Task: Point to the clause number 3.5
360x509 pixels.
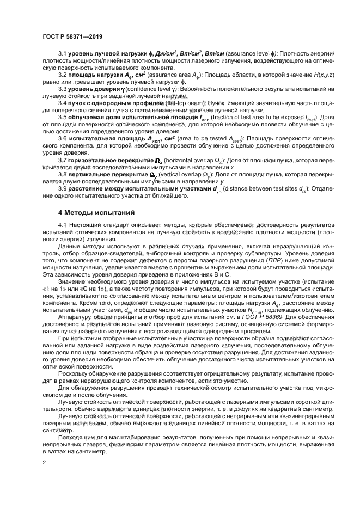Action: [x=63, y=116]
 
